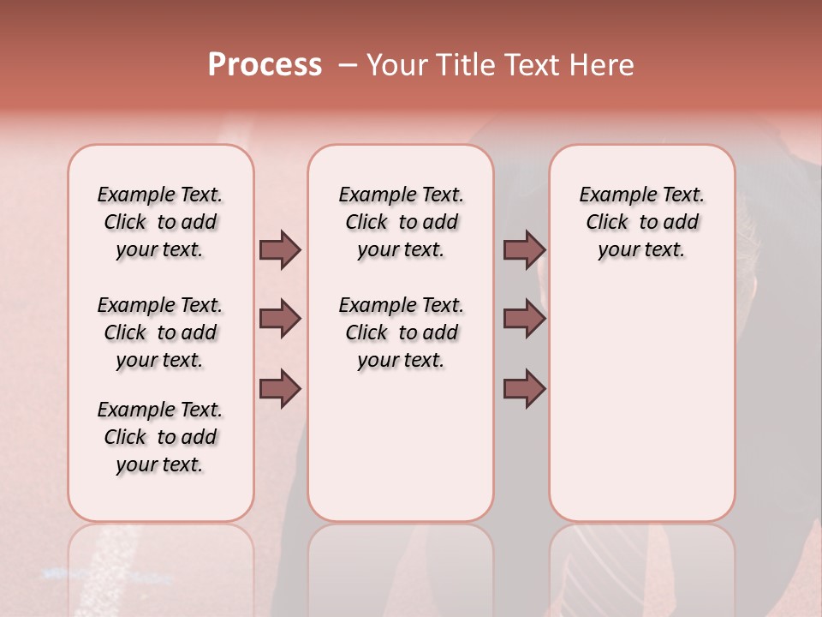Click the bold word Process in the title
pyautogui.click(x=265, y=64)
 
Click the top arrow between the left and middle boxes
pyautogui.click(x=280, y=249)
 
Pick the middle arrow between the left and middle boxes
pyautogui.click(x=280, y=319)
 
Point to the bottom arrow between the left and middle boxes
pyautogui.click(x=280, y=389)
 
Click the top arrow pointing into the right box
pyautogui.click(x=524, y=249)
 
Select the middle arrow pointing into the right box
pyautogui.click(x=524, y=319)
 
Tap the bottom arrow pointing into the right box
pyautogui.click(x=524, y=389)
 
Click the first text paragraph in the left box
pyautogui.click(x=160, y=222)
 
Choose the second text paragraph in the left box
pyautogui.click(x=160, y=332)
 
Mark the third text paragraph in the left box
pyautogui.click(x=160, y=437)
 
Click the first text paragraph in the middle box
pyautogui.click(x=401, y=222)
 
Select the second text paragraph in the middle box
pyautogui.click(x=401, y=332)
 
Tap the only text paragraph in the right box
pyautogui.click(x=641, y=222)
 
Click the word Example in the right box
pyautogui.click(x=613, y=195)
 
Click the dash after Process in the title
pyautogui.click(x=347, y=64)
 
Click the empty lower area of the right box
pyautogui.click(x=641, y=411)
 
